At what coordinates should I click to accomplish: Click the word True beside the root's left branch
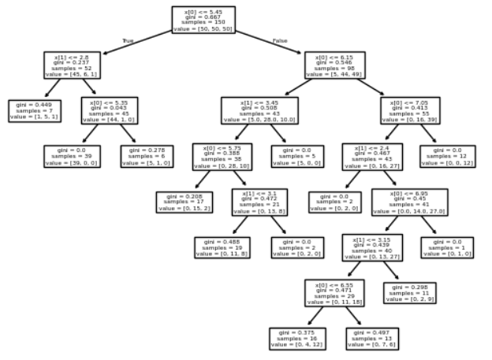tap(129, 39)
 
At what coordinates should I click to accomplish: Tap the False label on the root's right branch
tap(280, 39)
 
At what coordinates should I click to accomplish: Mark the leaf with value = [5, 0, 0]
tap(295, 156)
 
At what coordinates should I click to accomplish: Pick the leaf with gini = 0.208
tap(182, 202)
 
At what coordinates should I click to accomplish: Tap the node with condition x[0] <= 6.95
tap(409, 202)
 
